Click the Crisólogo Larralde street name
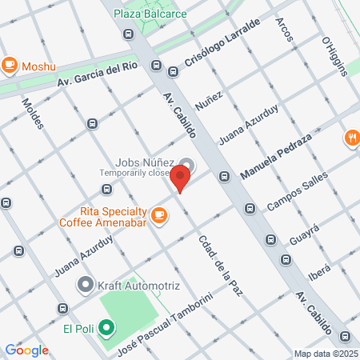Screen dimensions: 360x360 pos(222,43)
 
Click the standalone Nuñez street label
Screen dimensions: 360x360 pos(207,102)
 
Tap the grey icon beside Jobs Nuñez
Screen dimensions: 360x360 pos(186,162)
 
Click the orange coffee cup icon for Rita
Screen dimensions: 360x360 pos(159,214)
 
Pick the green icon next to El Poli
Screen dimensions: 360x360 pos(106,327)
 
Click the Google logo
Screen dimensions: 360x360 pos(27,350)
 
